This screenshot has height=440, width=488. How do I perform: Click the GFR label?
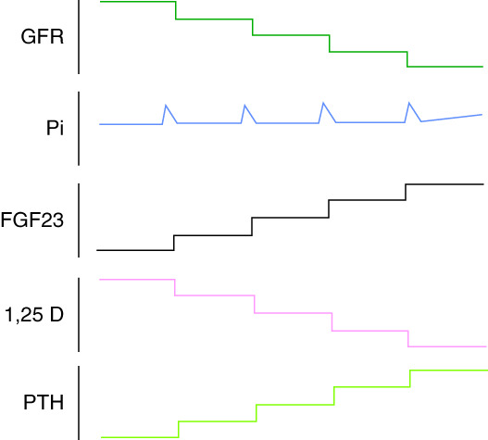(x=43, y=36)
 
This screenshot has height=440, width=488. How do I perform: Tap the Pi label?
(x=55, y=128)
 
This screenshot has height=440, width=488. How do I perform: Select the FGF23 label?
(x=32, y=220)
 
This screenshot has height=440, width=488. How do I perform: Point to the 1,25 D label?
(x=34, y=315)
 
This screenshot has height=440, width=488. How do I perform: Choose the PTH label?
(x=44, y=402)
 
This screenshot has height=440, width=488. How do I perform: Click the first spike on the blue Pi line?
(x=166, y=106)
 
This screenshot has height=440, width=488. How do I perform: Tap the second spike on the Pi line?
(x=245, y=106)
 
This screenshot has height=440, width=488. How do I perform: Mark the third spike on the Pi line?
(x=323, y=103)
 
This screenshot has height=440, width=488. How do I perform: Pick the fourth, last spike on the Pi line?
(x=409, y=103)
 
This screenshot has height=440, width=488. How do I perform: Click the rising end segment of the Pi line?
(x=452, y=118)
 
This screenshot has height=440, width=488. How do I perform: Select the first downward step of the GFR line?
(x=176, y=10)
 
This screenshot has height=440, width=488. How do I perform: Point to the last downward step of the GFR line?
(x=407, y=59)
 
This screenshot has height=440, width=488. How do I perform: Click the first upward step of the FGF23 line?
(x=174, y=243)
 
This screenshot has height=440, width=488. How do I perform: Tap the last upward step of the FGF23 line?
(x=406, y=192)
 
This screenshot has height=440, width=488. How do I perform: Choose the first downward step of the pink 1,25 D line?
(x=175, y=287)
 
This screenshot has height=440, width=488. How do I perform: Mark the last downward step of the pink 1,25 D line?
(x=408, y=338)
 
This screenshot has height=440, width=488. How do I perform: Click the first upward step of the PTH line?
(x=179, y=430)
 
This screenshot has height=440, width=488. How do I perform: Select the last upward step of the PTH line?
(x=410, y=379)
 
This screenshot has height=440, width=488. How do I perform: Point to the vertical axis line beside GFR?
(x=79, y=37)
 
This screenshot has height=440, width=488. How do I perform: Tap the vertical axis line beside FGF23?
(x=79, y=220)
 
